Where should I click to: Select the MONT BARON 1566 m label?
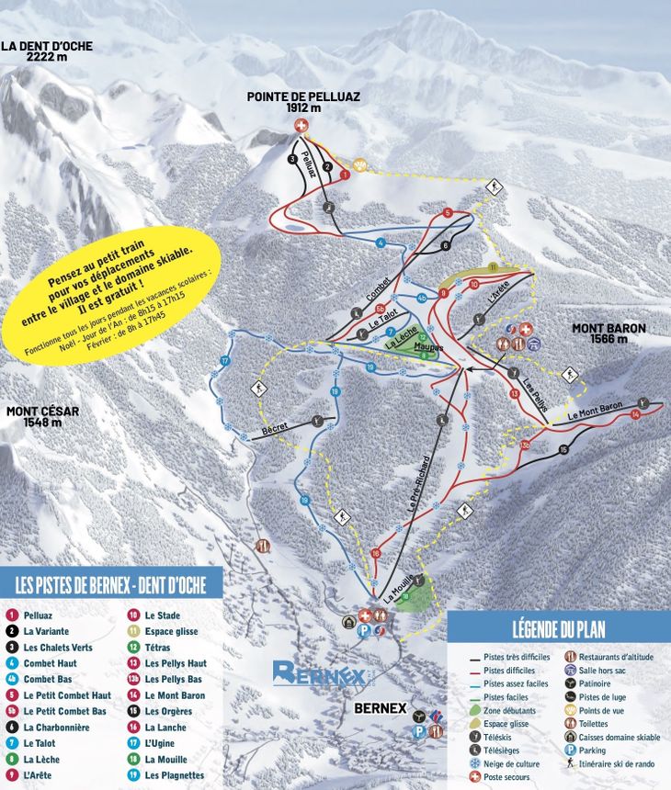(608, 333)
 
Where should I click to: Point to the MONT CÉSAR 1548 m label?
(39, 417)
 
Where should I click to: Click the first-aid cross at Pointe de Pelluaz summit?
(301, 126)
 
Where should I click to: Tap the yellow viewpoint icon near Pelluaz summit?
(360, 165)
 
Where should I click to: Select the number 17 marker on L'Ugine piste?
(224, 361)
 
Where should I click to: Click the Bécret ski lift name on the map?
(274, 429)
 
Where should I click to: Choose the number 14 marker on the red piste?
(634, 415)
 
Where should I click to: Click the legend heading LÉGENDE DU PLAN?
(558, 629)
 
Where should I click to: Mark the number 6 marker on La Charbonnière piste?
(445, 246)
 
